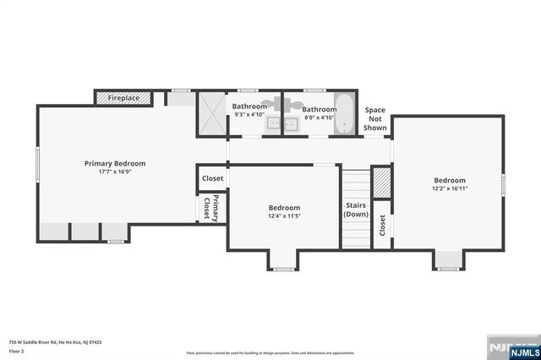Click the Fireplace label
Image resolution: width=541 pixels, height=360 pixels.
pyautogui.click(x=123, y=98)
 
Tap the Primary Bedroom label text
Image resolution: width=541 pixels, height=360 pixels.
pyautogui.click(x=115, y=163)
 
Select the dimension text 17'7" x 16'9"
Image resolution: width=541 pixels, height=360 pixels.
pyautogui.click(x=115, y=172)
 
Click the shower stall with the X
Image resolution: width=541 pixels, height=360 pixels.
pyautogui.click(x=212, y=113)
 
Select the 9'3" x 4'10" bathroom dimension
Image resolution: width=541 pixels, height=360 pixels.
pyautogui.click(x=249, y=114)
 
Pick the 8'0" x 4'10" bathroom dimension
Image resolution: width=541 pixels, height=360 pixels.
pyautogui.click(x=320, y=118)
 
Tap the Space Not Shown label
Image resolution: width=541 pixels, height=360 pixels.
pyautogui.click(x=374, y=119)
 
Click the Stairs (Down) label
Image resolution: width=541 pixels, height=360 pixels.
pyautogui.click(x=355, y=210)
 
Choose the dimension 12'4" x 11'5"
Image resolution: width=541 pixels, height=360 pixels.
pyautogui.click(x=284, y=216)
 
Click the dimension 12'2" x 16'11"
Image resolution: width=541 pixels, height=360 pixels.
pyautogui.click(x=450, y=189)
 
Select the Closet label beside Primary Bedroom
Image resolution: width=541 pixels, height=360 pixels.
pyautogui.click(x=212, y=178)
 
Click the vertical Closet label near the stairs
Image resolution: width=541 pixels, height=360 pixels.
pyautogui.click(x=382, y=225)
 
